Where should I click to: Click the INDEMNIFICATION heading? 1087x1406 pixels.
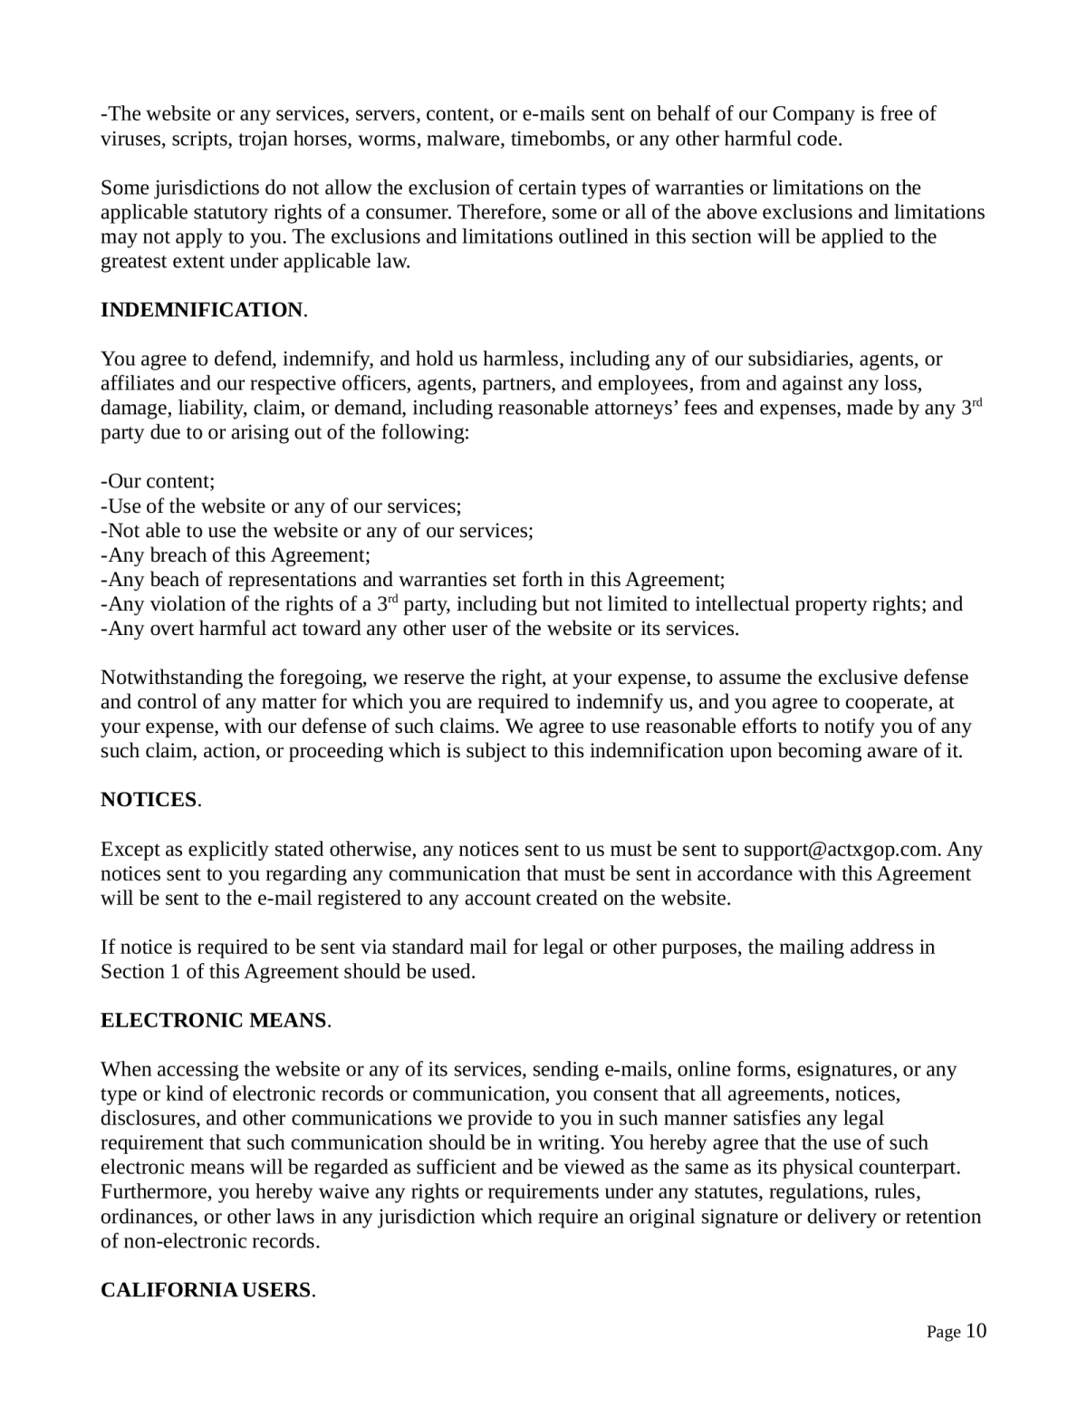pos(201,310)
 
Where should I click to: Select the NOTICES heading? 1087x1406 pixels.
pos(149,800)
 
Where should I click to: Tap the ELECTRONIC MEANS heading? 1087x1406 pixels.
pos(213,1021)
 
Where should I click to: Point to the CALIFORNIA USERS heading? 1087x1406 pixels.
pos(206,1290)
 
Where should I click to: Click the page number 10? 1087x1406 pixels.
pos(976,1331)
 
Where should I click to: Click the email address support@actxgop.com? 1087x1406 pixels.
pos(840,850)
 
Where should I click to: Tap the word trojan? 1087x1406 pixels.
pos(265,139)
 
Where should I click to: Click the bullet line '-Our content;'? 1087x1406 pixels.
pos(158,481)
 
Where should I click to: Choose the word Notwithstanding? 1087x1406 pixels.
pos(172,678)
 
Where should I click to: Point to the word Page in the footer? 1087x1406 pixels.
pos(943,1333)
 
